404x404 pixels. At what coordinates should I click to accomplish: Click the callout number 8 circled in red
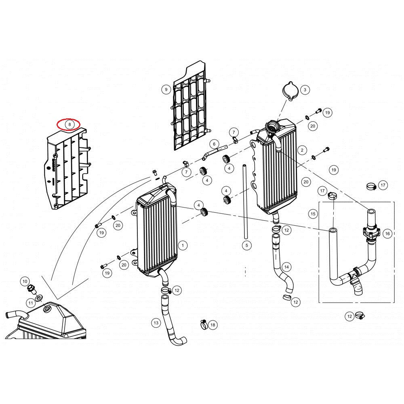[x=69, y=124]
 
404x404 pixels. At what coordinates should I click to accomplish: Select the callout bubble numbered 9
[x=166, y=90]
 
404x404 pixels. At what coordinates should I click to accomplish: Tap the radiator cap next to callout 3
[x=290, y=90]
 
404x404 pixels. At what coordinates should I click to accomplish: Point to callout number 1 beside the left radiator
[x=183, y=245]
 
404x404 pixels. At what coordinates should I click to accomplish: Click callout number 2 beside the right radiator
[x=302, y=150]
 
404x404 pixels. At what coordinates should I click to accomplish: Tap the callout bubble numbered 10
[x=25, y=281]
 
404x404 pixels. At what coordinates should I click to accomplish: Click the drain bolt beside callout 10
[x=32, y=289]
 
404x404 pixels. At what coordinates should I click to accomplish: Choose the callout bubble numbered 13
[x=156, y=322]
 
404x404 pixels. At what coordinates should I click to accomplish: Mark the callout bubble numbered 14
[x=286, y=267]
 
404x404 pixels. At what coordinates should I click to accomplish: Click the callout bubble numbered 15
[x=313, y=213]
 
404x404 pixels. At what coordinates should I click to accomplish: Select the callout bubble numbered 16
[x=387, y=234]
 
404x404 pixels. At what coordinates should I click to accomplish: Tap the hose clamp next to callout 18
[x=203, y=323]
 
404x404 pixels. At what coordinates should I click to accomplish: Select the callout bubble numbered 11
[x=31, y=303]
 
